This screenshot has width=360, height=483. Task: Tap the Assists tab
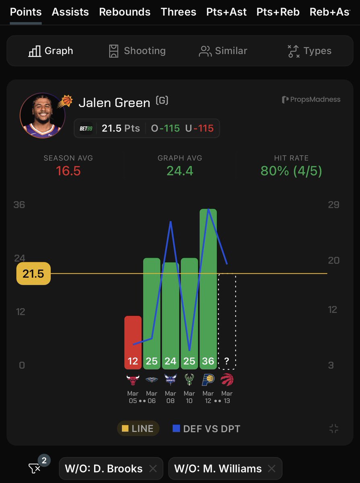coord(70,12)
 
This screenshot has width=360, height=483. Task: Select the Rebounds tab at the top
coord(125,12)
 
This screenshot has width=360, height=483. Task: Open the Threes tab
coord(179,12)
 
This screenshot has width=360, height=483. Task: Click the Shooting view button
coord(137,51)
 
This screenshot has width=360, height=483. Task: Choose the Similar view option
coord(223,51)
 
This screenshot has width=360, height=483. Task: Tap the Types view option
coord(310,51)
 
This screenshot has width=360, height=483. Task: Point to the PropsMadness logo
coord(311,99)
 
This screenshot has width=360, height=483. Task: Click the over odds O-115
coord(165,128)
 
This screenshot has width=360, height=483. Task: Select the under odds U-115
coord(200,128)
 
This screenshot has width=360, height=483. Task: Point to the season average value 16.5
coord(68,171)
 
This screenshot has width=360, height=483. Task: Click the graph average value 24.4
coord(180,171)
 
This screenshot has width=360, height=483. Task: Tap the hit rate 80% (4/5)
coord(291,171)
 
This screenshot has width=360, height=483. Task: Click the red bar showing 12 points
coord(133,342)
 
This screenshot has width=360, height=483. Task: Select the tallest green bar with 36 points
coord(208,282)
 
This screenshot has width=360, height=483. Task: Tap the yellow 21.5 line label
coord(33,274)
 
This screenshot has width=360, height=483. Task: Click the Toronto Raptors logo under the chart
coord(227,380)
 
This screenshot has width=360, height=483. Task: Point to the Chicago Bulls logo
coord(133,380)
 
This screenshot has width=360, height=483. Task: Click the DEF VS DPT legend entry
coord(206,429)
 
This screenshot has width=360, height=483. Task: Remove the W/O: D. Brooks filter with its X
coord(153,469)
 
